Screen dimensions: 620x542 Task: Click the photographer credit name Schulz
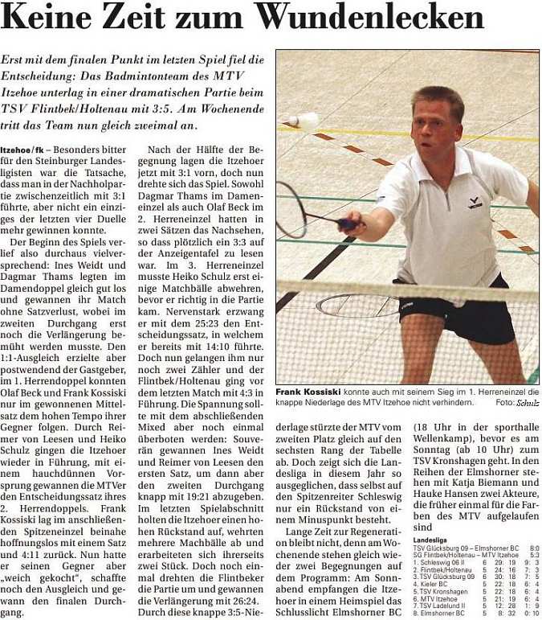point(527,402)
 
